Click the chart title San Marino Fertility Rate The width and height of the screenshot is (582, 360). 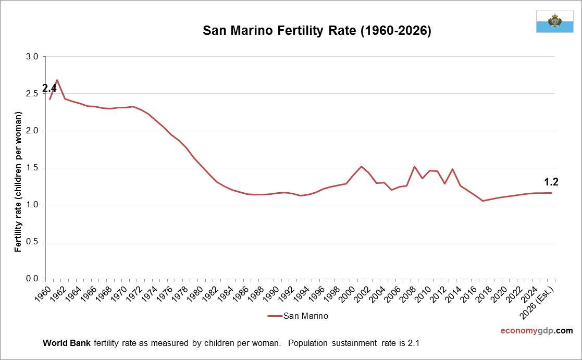pyautogui.click(x=317, y=31)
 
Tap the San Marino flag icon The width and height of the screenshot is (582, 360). pyautogui.click(x=554, y=21)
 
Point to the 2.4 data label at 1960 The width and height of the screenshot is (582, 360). pyautogui.click(x=49, y=88)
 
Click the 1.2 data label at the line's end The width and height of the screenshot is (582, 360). pyautogui.click(x=551, y=182)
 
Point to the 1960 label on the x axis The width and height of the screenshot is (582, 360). pyautogui.click(x=46, y=293)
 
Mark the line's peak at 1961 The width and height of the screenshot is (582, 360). pyautogui.click(x=57, y=80)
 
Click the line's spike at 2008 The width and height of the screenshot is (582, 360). pyautogui.click(x=414, y=167)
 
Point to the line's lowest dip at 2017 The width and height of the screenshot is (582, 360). pyautogui.click(x=483, y=201)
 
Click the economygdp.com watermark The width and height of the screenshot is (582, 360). pyautogui.click(x=536, y=330)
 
